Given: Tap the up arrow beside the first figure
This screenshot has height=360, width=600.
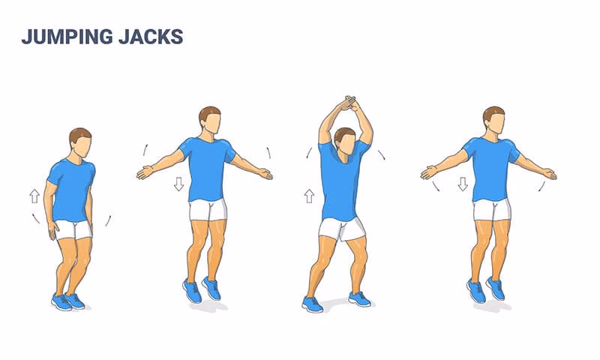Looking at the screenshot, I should click(x=34, y=196).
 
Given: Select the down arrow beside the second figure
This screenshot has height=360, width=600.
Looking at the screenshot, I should click(x=178, y=184).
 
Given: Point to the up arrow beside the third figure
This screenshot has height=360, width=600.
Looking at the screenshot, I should click(x=308, y=196).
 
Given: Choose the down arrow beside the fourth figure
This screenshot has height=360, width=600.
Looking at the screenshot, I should click(x=463, y=184).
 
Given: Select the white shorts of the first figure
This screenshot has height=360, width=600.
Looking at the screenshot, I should click(x=73, y=229).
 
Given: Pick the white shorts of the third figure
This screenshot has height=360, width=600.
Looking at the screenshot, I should click(x=341, y=227).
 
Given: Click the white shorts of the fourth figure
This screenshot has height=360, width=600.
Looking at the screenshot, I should click(x=491, y=209).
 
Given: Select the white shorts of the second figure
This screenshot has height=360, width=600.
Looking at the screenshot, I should click(x=208, y=209).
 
